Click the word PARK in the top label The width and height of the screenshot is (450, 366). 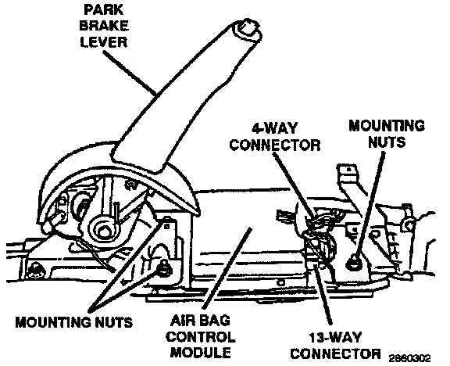pyautogui.click(x=104, y=9)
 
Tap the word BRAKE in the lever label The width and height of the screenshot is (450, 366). pyautogui.click(x=104, y=26)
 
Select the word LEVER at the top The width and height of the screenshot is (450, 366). pyautogui.click(x=104, y=42)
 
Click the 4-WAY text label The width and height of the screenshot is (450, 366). pyautogui.click(x=275, y=128)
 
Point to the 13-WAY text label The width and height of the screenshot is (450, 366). pyautogui.click(x=334, y=337)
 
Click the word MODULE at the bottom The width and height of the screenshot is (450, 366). pyautogui.click(x=201, y=352)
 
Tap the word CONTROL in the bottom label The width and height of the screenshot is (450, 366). pyautogui.click(x=201, y=336)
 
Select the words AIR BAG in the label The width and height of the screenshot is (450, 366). pyautogui.click(x=201, y=321)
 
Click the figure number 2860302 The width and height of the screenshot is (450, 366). pyautogui.click(x=410, y=358)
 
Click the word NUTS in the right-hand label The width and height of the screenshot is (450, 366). pyautogui.click(x=386, y=142)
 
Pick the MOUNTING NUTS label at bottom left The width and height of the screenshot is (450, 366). pyautogui.click(x=73, y=322)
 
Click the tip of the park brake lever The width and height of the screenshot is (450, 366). pyautogui.click(x=248, y=27)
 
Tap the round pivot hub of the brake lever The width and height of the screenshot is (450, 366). pyautogui.click(x=104, y=228)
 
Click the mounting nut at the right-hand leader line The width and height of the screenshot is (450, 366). pyautogui.click(x=353, y=262)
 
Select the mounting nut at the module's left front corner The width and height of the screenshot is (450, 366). pyautogui.click(x=164, y=268)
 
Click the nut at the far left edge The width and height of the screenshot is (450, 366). pyautogui.click(x=35, y=271)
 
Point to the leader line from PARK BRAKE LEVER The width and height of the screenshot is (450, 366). pyautogui.click(x=130, y=73)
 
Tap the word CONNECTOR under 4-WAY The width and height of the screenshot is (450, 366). pyautogui.click(x=275, y=145)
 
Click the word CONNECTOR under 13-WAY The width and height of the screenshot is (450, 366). pyautogui.click(x=334, y=353)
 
